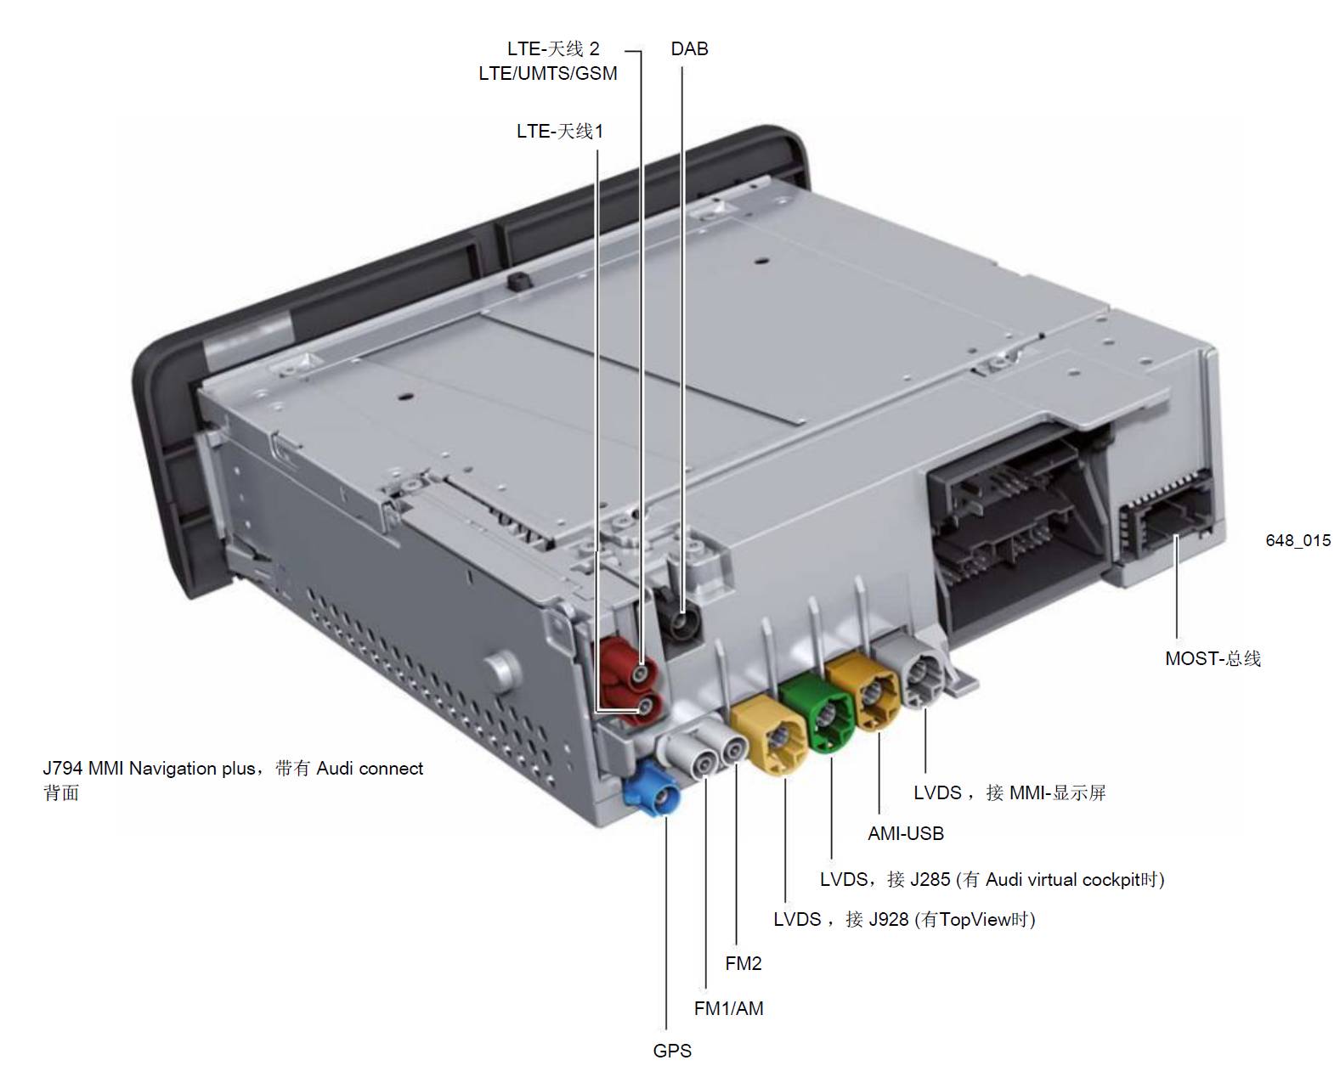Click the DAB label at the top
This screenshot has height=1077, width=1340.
point(689,48)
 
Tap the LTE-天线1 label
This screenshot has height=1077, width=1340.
point(560,132)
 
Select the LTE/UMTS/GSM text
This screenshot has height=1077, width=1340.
point(548,73)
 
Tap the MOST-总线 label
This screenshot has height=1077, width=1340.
point(1213,658)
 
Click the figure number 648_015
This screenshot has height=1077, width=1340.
point(1298,540)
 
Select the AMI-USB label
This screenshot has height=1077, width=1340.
point(906,833)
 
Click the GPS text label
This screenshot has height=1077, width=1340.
point(672,1051)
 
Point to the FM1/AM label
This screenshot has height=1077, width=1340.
point(728,1008)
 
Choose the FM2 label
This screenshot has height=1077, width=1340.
point(744,964)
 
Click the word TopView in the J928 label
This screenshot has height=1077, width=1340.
point(975,920)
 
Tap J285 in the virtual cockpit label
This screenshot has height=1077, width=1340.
point(930,880)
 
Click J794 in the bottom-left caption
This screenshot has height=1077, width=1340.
point(63,768)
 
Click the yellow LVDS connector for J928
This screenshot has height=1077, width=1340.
point(771,735)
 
